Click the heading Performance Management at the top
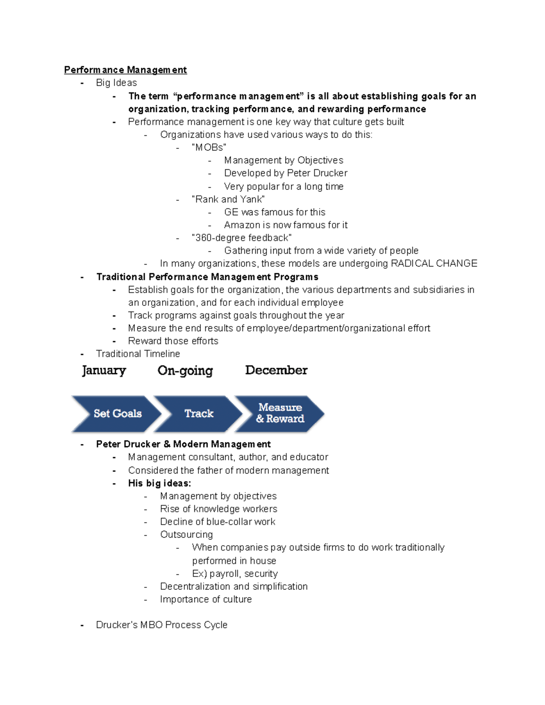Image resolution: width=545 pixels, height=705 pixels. [125, 70]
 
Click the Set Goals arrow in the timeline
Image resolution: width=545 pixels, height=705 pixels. [117, 414]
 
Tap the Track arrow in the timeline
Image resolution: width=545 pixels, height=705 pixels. [199, 414]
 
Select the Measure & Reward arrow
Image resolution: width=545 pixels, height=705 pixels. [280, 413]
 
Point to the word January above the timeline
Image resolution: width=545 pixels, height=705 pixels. [104, 370]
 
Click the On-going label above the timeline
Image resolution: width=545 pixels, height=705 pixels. [185, 371]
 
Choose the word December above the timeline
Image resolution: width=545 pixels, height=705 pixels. [276, 370]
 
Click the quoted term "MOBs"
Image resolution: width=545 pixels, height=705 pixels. [209, 148]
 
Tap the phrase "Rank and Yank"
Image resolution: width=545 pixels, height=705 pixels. [228, 199]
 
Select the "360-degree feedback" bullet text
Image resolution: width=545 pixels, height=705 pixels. [242, 238]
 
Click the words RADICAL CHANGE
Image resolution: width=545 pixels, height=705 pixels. [434, 264]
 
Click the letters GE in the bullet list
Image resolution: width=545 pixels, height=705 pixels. [231, 212]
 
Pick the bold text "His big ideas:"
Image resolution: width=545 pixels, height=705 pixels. [159, 483]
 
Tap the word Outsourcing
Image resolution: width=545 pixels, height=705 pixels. [186, 535]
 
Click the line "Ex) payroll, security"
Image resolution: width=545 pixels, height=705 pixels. [235, 574]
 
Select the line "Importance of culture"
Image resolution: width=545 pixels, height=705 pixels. [206, 599]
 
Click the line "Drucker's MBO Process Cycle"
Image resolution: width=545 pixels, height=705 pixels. [162, 625]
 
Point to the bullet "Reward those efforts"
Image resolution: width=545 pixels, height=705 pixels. [173, 341]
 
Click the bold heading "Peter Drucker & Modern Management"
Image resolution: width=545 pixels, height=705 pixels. [183, 444]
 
